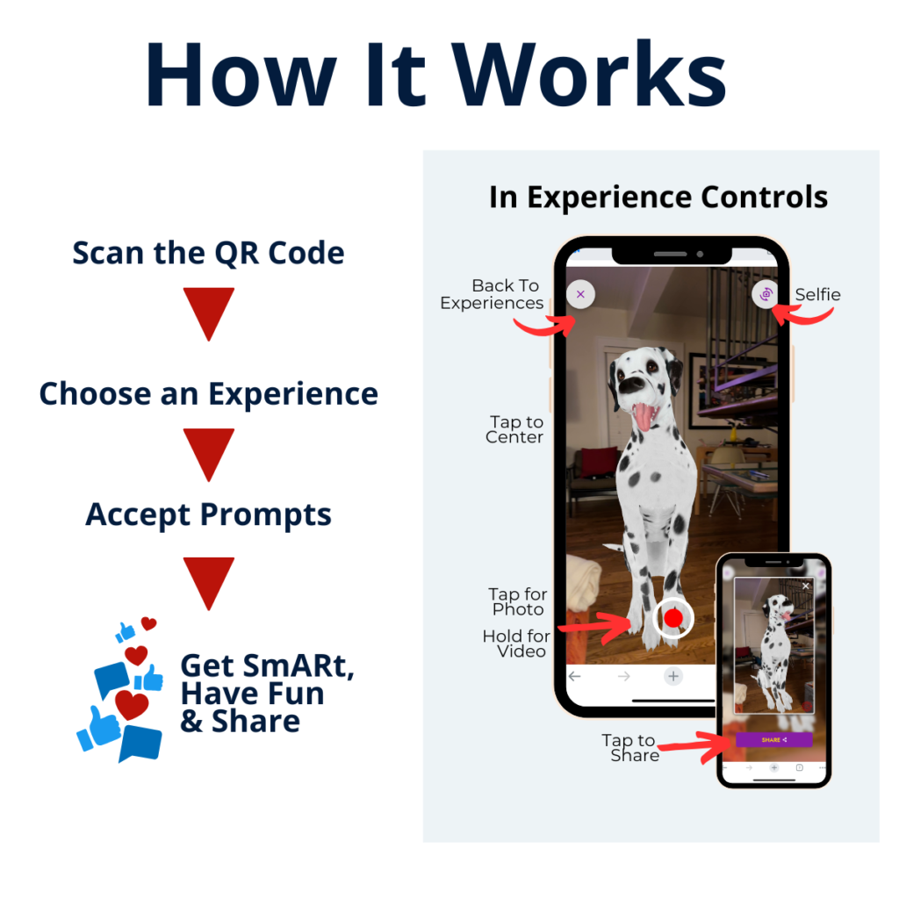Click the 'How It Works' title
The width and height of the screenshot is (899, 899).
pos(435,75)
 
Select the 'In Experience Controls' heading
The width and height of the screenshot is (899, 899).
pos(658,198)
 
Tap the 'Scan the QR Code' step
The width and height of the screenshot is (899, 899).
pos(208,253)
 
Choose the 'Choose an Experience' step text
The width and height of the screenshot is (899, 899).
pos(208,394)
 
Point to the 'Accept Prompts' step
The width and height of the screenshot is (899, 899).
pos(208,514)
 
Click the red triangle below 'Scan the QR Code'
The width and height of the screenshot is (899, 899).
pos(209,313)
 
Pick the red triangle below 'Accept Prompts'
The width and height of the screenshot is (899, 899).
pos(209,583)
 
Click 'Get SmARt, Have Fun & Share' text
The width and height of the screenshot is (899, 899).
pos(267,693)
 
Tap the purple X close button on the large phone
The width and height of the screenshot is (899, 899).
pos(581,294)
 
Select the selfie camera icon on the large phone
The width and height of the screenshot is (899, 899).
pos(766,294)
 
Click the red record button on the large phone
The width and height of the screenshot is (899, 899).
pos(673,618)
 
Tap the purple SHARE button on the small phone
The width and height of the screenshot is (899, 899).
pos(774,739)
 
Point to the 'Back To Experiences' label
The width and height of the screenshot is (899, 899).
pos(492,294)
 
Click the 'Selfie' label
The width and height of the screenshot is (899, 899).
pos(817,295)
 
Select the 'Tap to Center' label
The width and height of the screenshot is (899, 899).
pos(514,429)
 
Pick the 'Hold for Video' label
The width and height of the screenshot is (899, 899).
pos(516,644)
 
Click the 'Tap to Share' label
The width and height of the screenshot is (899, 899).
pos(630,748)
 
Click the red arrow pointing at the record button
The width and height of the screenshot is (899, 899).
pos(596,627)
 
